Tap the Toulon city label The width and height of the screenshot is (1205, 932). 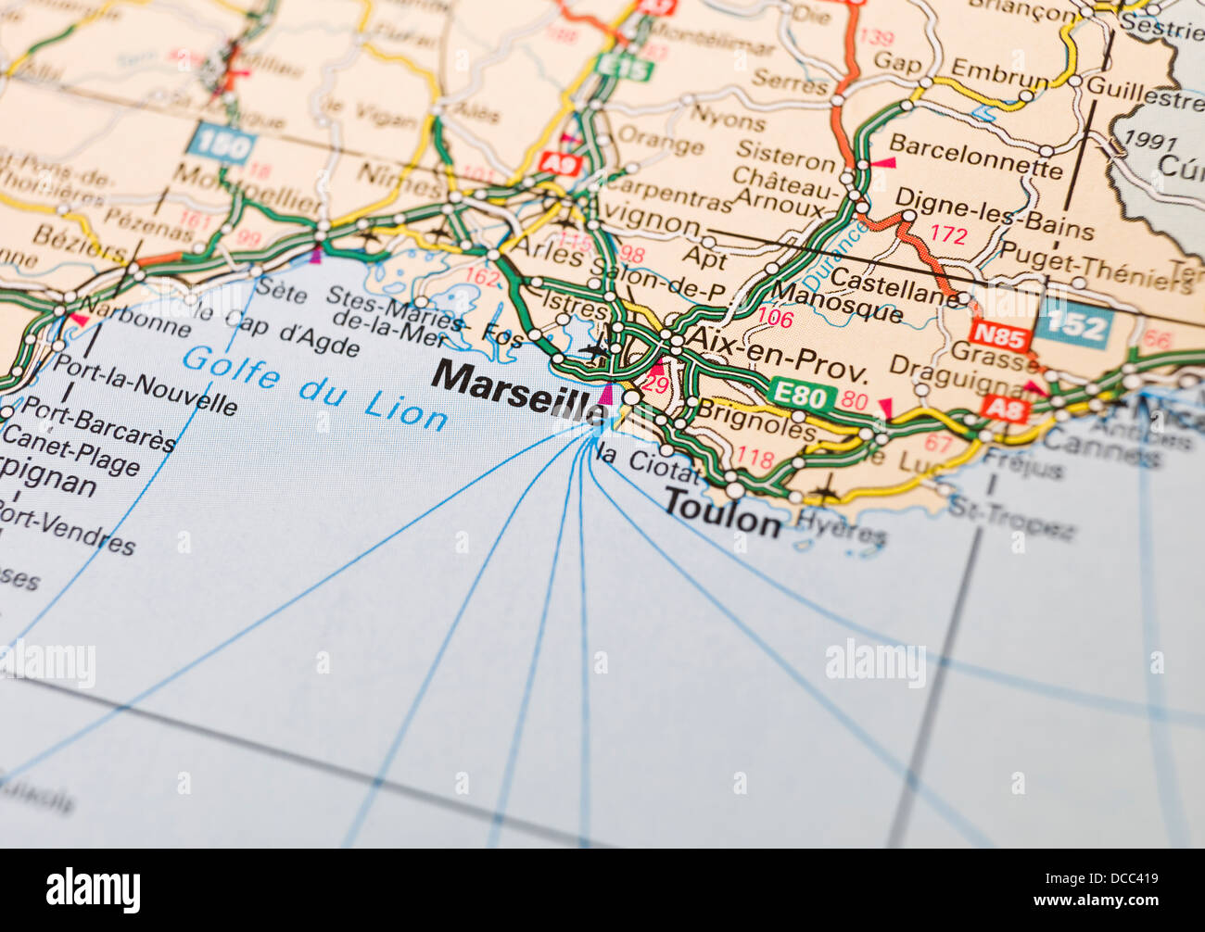click(x=722, y=512)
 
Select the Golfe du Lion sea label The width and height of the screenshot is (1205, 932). click(x=315, y=388)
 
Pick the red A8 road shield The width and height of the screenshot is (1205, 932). click(x=1003, y=408)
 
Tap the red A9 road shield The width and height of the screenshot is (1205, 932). click(x=560, y=165)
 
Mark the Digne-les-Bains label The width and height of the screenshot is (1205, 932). click(x=994, y=213)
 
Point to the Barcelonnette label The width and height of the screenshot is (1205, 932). click(x=975, y=157)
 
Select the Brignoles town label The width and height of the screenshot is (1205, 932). click(x=755, y=419)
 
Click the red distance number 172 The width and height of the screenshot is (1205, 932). click(x=947, y=234)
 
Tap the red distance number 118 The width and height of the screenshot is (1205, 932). click(x=755, y=457)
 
